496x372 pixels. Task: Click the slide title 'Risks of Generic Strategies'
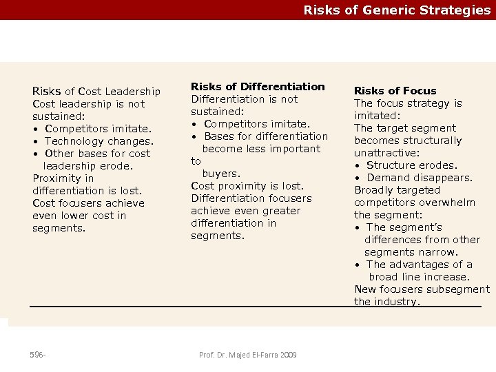coord(397,10)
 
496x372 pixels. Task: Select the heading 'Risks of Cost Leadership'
coord(96,92)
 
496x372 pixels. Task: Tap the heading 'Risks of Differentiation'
coord(258,87)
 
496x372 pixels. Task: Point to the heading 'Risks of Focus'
coord(395,91)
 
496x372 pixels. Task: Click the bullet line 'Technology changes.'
coord(98,141)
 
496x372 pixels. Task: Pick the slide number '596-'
coord(38,355)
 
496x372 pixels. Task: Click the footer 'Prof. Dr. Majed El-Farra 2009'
coord(248,355)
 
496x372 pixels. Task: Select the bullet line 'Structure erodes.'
coord(411,165)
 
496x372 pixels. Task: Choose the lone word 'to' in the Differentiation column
coord(196,161)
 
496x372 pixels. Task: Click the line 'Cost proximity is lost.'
coord(247,186)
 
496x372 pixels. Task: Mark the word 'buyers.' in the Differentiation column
coord(220,174)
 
